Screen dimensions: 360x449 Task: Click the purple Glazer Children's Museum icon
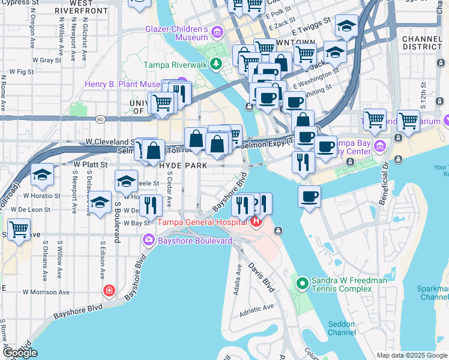point(215,31)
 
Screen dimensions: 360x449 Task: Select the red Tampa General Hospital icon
point(256,223)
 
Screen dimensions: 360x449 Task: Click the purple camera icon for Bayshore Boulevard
point(148,241)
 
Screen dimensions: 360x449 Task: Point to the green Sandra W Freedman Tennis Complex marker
point(303,282)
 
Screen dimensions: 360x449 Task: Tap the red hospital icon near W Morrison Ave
point(109,292)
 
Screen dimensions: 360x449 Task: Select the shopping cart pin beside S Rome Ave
point(19,230)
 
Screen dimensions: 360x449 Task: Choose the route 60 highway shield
point(101,119)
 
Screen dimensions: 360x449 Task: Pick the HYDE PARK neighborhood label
point(183,165)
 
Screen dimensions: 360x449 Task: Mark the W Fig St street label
point(17,71)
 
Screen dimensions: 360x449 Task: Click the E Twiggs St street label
point(312,25)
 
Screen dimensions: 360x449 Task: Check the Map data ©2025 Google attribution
point(412,355)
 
